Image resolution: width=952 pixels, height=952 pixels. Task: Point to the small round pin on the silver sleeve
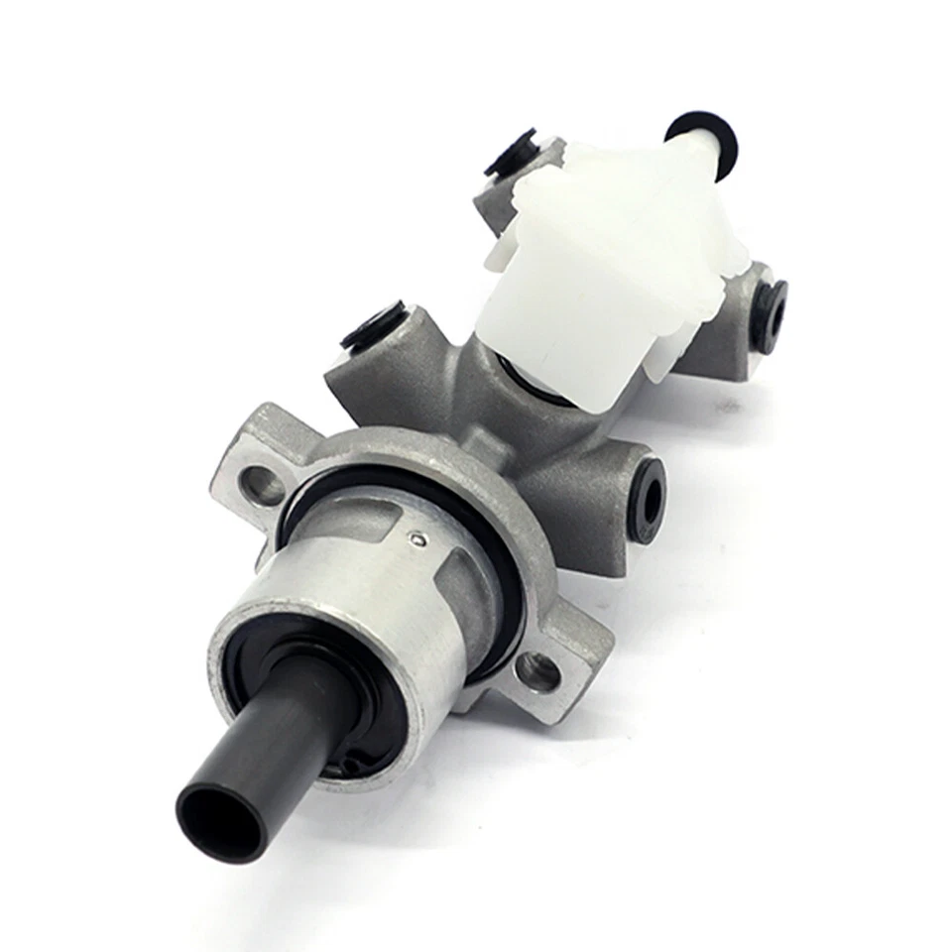click(x=418, y=538)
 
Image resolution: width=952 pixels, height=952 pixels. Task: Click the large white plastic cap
click(x=595, y=268)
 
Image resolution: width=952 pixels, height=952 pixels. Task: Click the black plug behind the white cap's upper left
click(x=511, y=151)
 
